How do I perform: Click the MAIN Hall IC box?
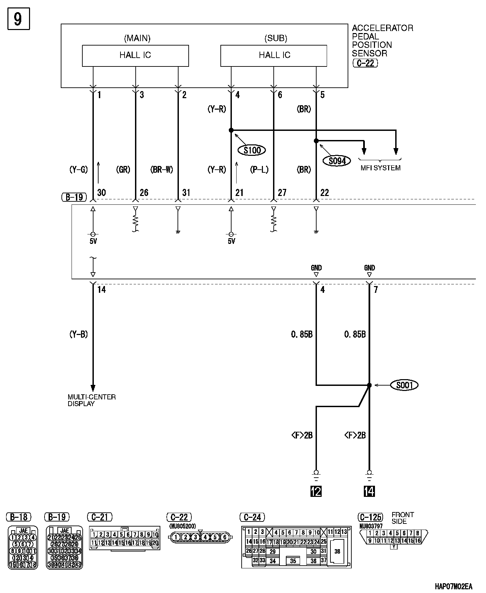[135, 56]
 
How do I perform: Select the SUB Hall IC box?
[274, 56]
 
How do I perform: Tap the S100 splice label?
[252, 150]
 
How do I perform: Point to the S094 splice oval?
[337, 161]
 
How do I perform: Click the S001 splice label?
[404, 385]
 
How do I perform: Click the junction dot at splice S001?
[369, 385]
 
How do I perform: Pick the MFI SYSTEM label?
[380, 168]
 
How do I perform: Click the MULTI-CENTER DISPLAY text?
[91, 400]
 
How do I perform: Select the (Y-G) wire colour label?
[78, 170]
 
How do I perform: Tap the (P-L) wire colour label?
[259, 170]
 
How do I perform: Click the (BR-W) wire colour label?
[161, 170]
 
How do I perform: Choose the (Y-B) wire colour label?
[78, 334]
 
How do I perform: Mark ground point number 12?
[316, 491]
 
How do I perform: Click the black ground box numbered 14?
[369, 491]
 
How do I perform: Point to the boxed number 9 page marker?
[19, 19]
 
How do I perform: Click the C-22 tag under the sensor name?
[365, 63]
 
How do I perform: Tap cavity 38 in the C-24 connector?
[337, 552]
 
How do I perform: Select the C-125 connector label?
[370, 517]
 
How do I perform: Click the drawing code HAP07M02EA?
[453, 587]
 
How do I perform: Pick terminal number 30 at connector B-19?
[101, 193]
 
